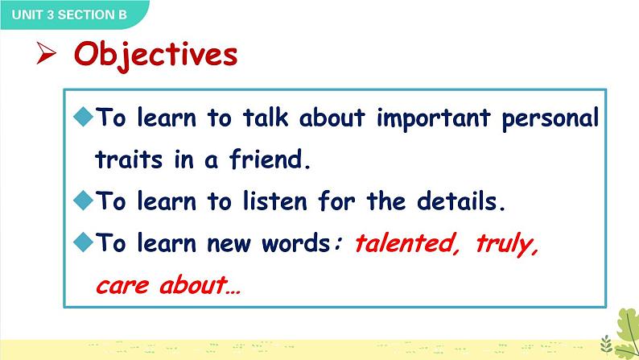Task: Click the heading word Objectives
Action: pyautogui.click(x=155, y=56)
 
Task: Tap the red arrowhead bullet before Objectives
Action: pyautogui.click(x=46, y=53)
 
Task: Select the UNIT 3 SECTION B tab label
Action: pyautogui.click(x=69, y=14)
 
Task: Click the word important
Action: pyautogui.click(x=434, y=119)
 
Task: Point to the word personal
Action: pyautogui.click(x=550, y=119)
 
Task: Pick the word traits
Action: pyautogui.click(x=129, y=159)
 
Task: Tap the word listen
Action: pyautogui.click(x=274, y=201)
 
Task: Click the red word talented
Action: pyautogui.click(x=404, y=243)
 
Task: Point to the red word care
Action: pyautogui.click(x=122, y=285)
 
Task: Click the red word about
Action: pyautogui.click(x=193, y=284)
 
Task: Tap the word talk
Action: pyautogui.click(x=266, y=118)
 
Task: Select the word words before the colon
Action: pyautogui.click(x=295, y=243)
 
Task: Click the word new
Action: pyautogui.click(x=229, y=245)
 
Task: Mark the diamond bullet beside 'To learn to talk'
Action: pyautogui.click(x=84, y=117)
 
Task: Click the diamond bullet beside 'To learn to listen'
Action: pyautogui.click(x=84, y=201)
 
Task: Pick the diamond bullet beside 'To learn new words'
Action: pyautogui.click(x=84, y=242)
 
